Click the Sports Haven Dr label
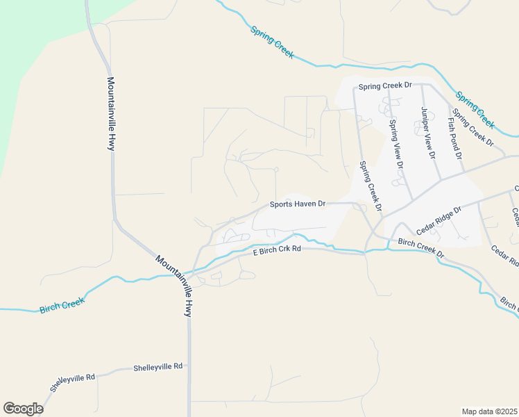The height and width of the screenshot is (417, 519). click(298, 204)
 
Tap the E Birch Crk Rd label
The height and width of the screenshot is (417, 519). click(277, 250)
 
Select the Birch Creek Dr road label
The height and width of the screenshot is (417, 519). click(421, 248)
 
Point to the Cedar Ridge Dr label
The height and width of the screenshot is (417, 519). click(439, 220)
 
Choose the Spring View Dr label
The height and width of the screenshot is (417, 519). click(395, 145)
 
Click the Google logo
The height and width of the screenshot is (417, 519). click(23, 409)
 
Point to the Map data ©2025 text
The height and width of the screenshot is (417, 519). click(489, 411)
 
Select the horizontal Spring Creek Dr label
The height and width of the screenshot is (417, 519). click(384, 85)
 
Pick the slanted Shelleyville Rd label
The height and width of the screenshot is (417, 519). click(72, 382)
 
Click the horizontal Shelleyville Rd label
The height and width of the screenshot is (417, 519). click(158, 366)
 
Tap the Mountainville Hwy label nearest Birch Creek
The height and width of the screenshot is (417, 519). click(173, 287)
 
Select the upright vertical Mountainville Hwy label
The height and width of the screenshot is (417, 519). click(110, 113)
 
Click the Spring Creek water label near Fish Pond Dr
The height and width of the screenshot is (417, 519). click(475, 109)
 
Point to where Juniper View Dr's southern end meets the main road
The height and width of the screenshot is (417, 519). click(439, 179)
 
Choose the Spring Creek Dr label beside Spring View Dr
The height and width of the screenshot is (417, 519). click(370, 186)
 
